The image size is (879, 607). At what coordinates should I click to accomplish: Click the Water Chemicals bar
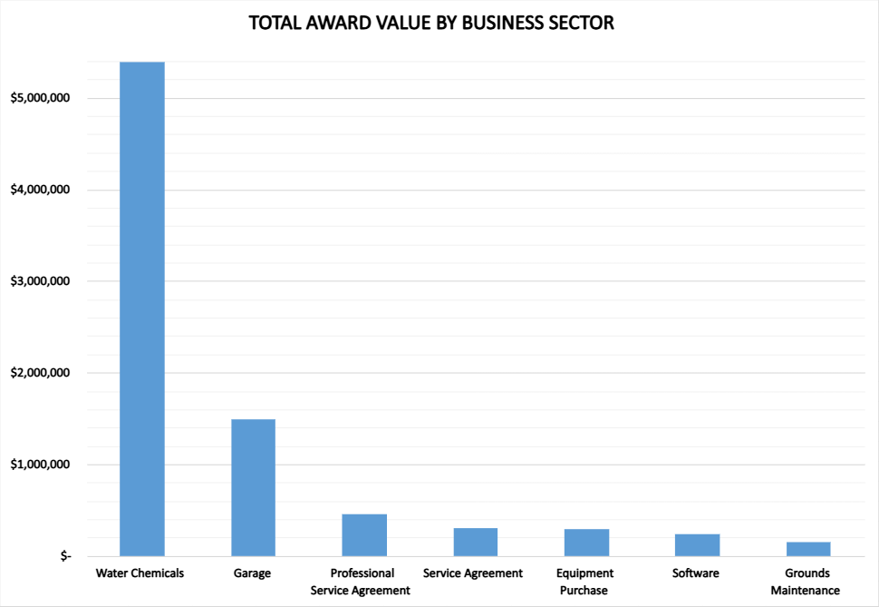142,308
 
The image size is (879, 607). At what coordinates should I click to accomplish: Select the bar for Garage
253,487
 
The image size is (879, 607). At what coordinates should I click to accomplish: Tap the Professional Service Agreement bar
364,534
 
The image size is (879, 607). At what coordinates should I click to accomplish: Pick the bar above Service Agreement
475,542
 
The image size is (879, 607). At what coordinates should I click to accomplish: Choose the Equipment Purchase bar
586,542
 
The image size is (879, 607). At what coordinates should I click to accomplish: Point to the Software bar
697,544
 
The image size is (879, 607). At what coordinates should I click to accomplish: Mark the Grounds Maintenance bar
808,548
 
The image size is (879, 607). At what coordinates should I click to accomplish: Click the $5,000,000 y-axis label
42,98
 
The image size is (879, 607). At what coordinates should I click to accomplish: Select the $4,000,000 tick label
42,190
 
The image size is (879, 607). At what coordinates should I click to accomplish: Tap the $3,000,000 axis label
42,281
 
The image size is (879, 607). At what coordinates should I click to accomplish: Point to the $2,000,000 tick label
42,373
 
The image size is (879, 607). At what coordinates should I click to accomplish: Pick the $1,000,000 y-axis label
42,465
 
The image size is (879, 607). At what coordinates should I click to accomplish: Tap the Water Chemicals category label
140,573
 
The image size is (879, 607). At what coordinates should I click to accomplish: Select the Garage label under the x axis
252,573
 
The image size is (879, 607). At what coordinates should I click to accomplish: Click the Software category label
696,573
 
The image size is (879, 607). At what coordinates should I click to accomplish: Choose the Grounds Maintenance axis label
807,582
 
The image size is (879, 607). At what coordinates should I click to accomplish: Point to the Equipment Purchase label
585,582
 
